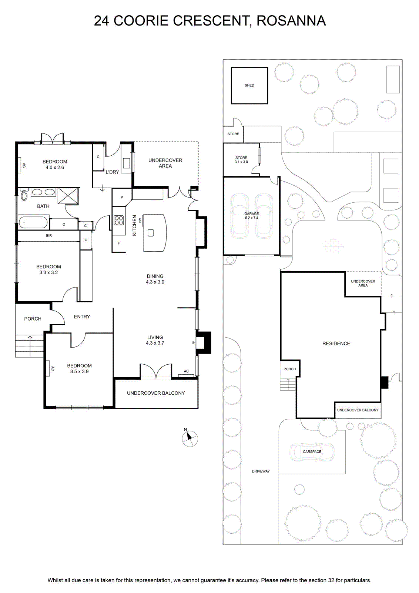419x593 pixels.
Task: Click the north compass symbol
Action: click(190, 438)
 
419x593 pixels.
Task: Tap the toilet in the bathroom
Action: click(24, 195)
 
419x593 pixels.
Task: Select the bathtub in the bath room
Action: click(33, 222)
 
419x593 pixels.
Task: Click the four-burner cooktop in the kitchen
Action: click(119, 220)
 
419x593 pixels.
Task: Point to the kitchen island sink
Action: click(151, 233)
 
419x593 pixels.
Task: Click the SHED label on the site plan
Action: click(249, 85)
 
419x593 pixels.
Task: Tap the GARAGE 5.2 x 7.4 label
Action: click(251, 216)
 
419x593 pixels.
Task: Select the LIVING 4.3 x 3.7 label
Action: click(155, 340)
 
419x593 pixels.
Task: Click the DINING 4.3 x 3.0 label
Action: click(155, 279)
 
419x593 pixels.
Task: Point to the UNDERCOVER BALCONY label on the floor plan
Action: click(156, 393)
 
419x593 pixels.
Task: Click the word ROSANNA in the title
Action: click(291, 21)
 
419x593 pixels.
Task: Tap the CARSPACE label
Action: click(312, 452)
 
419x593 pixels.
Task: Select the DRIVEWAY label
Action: click(261, 471)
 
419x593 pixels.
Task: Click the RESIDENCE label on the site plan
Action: click(336, 343)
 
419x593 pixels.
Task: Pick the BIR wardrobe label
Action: click(49, 235)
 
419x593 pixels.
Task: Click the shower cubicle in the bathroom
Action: click(68, 196)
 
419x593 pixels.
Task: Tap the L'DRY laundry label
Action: click(113, 172)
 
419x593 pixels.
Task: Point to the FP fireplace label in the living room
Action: click(194, 342)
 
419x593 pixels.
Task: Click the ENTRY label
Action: click(82, 317)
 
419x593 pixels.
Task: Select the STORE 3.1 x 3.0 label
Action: click(241, 160)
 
